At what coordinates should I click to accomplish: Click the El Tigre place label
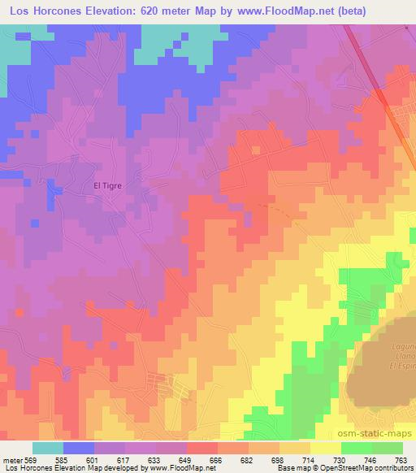pyautogui.click(x=107, y=185)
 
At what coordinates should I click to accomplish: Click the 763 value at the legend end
pyautogui.click(x=401, y=459)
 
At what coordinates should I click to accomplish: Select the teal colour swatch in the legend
pyautogui.click(x=48, y=448)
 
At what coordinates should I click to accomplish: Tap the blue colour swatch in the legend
pyautogui.click(x=79, y=448)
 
